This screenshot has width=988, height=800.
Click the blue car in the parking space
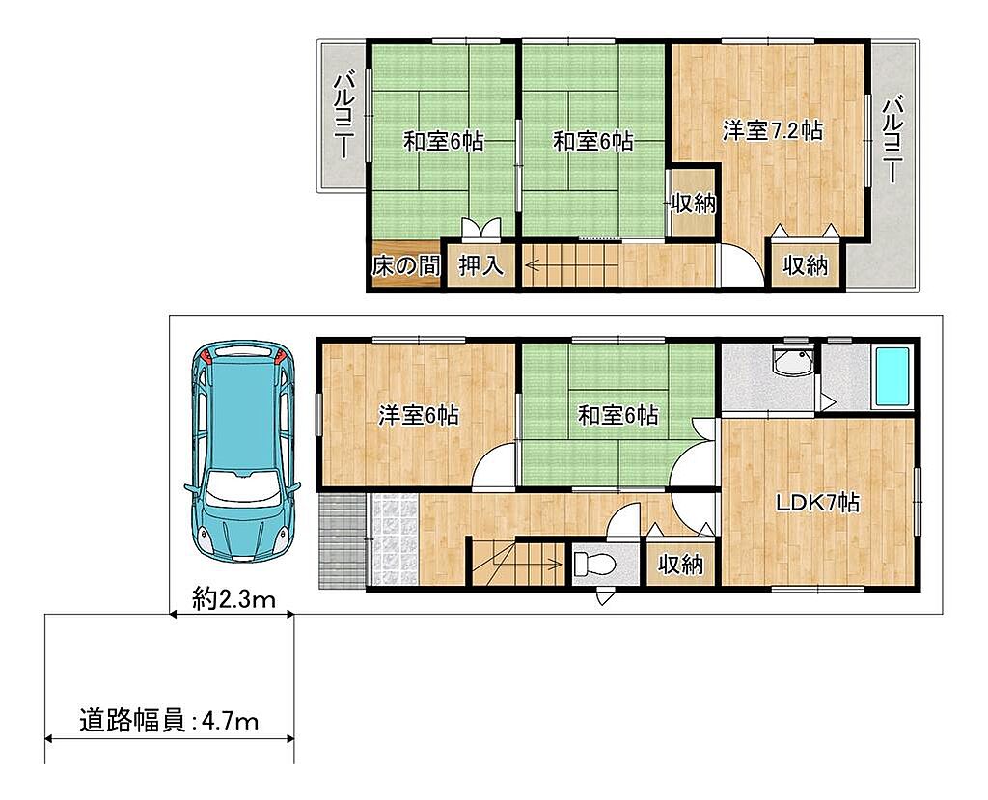point(242,451)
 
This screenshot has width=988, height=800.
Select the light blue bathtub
point(892,377)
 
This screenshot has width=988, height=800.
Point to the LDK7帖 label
point(817,503)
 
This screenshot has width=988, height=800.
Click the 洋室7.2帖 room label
point(772,131)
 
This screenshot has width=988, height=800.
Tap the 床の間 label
point(406,266)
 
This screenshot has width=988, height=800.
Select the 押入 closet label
point(481,266)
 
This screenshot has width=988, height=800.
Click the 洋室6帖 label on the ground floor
point(419,416)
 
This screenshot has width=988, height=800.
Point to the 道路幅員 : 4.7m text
point(169,720)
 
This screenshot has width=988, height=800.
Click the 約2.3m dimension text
point(233,598)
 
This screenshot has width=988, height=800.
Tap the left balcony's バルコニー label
point(344,116)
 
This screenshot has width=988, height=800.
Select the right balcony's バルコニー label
point(892,139)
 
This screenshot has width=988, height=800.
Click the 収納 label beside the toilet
point(680,565)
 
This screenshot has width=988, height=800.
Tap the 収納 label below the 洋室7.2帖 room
point(806,266)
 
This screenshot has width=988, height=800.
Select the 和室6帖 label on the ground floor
point(618,416)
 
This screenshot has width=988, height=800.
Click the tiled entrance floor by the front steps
point(393,540)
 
